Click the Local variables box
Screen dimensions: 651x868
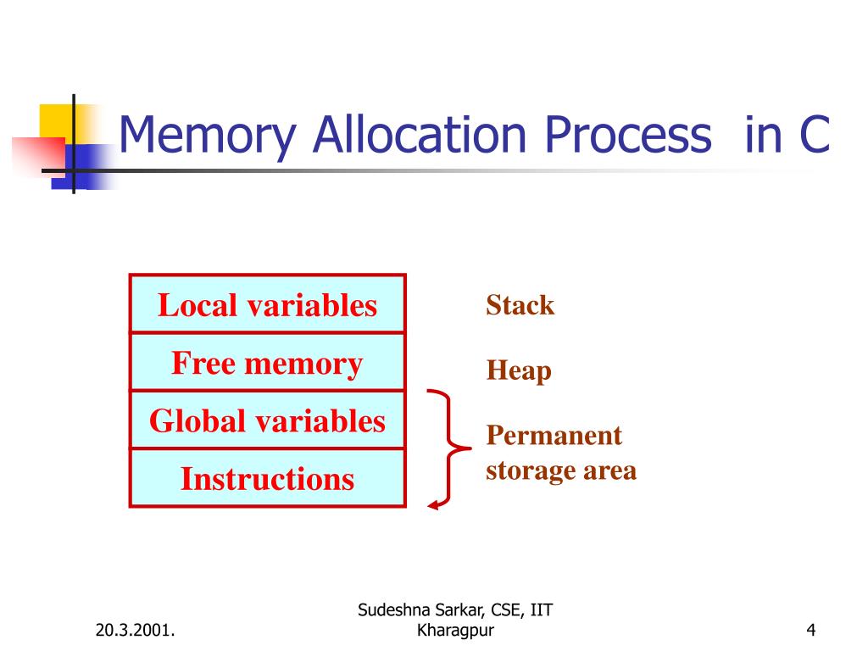(267, 304)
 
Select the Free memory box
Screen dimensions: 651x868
(267, 363)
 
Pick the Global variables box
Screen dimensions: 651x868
(267, 420)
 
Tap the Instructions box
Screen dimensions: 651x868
(267, 479)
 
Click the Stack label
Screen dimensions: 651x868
(520, 305)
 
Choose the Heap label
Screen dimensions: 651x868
(519, 371)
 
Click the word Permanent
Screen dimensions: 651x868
(554, 436)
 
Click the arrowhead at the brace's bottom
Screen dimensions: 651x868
(433, 505)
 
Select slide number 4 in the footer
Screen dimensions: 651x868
(811, 630)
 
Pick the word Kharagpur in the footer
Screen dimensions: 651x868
(456, 630)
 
